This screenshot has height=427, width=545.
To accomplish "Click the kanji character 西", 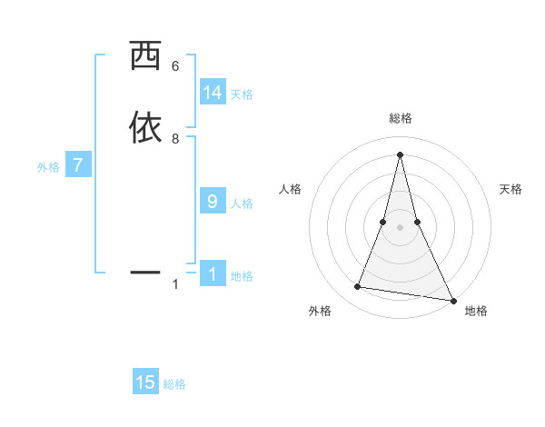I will pos(145,56).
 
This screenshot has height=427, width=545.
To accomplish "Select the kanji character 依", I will pos(145,127).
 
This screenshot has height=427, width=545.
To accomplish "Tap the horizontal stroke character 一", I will pos(145,271).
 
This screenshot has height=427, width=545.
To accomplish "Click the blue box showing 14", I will pos(213,92).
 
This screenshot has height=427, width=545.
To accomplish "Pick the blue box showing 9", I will pos(213,201).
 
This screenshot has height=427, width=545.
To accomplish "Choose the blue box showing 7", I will pos(79,165).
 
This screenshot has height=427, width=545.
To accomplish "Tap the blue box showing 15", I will pos(145,382).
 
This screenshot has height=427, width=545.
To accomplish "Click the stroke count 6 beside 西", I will pos(175,66).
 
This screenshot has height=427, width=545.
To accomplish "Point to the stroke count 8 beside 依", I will pos(175,139).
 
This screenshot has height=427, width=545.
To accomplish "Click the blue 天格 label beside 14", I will pos(242,94).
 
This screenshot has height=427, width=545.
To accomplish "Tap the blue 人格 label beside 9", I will pos(242,204).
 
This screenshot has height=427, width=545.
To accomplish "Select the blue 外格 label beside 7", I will pos(48,167).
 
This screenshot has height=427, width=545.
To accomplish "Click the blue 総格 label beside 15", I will pos(174,384).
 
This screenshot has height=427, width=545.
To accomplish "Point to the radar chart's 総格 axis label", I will pos(401,118).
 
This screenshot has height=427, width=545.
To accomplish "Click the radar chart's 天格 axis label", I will pos(510,189).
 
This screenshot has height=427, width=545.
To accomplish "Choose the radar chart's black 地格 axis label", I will pos(476,311).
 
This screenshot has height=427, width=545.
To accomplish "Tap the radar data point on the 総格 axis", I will pos(400,154).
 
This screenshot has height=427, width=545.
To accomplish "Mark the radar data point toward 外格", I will pos(357,287).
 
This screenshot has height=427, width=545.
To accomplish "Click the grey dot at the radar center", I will pos(400,227).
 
